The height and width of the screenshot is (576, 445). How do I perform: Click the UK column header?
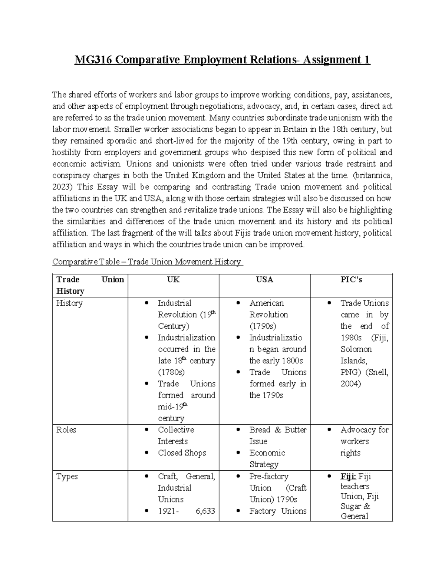173,280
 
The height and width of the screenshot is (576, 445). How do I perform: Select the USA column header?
264,280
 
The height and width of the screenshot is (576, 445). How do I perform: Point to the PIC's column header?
351,280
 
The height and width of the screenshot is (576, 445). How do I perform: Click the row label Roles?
66,430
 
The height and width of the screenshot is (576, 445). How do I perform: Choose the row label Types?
67,477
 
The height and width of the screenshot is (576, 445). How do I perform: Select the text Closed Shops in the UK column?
182,453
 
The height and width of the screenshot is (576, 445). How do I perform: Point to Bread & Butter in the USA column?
278,430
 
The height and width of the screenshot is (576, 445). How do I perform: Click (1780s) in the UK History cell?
171,372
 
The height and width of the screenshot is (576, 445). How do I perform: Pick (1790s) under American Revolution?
263,326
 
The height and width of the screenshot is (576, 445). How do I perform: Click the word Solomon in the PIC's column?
356,349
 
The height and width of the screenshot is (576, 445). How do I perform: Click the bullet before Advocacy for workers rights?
329,430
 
